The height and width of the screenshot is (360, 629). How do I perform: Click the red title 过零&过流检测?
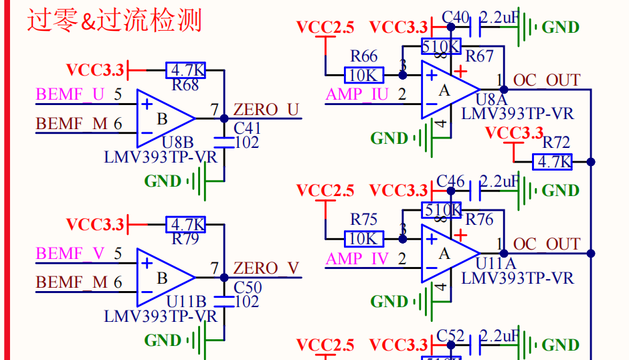(x=114, y=21)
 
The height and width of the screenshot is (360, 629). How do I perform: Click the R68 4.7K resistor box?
(x=185, y=70)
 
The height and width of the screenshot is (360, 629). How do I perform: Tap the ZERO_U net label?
(x=266, y=110)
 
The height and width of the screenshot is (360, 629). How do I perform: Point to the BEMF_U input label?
(x=70, y=94)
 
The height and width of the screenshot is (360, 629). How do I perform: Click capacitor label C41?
(x=247, y=128)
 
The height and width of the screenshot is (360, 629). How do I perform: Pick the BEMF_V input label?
(x=70, y=254)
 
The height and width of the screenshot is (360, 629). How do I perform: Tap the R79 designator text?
(x=185, y=239)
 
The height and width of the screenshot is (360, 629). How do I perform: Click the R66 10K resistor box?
(x=364, y=75)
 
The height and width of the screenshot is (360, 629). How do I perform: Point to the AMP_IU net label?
(x=357, y=94)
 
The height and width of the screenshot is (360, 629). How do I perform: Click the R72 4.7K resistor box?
(x=553, y=161)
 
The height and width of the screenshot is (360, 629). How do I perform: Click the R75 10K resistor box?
(x=364, y=238)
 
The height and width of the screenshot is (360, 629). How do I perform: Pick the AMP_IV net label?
(x=357, y=258)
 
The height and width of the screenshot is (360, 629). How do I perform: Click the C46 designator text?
(x=450, y=181)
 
